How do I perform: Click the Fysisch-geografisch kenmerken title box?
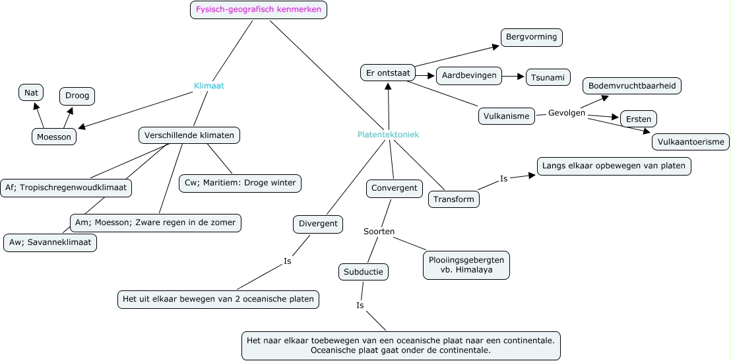259,10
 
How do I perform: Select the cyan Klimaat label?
208,86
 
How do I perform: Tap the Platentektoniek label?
388,135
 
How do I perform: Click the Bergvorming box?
532,37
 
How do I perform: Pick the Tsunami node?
548,77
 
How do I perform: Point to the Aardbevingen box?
469,75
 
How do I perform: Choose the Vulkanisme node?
507,116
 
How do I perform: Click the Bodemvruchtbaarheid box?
631,86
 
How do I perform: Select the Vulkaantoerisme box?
691,142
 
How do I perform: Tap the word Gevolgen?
567,113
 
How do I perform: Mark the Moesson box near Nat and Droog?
54,137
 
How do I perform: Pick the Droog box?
77,96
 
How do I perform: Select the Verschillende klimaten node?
189,135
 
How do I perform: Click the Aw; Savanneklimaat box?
50,243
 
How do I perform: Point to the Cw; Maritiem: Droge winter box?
240,183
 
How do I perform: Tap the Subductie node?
364,271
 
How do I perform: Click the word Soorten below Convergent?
379,232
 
